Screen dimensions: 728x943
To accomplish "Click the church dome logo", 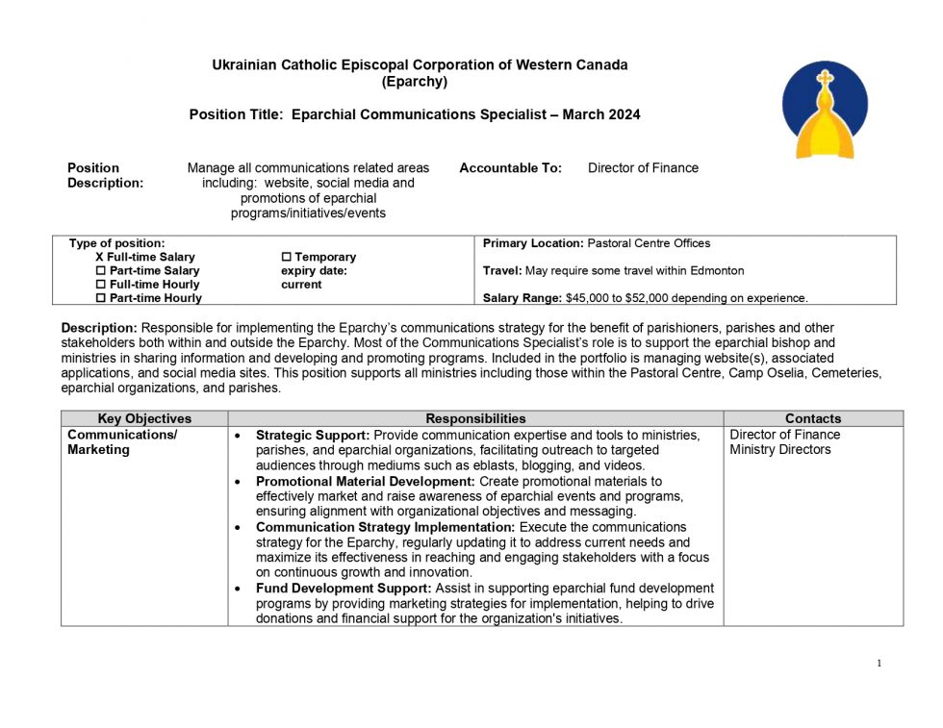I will (825, 111).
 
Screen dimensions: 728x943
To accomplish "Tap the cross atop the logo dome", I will (825, 80).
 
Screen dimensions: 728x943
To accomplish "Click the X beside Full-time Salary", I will (100, 258).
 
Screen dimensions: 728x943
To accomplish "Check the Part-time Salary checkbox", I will (101, 271).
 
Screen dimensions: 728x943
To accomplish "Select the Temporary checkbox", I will (286, 258).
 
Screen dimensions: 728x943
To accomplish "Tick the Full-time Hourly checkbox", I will (101, 285).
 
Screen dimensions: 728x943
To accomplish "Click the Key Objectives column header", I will (144, 418).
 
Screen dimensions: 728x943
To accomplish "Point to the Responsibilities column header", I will (475, 418).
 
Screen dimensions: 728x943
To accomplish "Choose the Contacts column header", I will (813, 418).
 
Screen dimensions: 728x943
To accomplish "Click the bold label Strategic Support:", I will (313, 435).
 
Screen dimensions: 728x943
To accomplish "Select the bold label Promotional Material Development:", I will (366, 481).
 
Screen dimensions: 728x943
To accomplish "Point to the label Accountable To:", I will (511, 168).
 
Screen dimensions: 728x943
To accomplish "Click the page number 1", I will (879, 663).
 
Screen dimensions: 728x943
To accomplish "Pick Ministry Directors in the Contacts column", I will (779, 450).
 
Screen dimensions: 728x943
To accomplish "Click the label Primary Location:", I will (533, 243).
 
